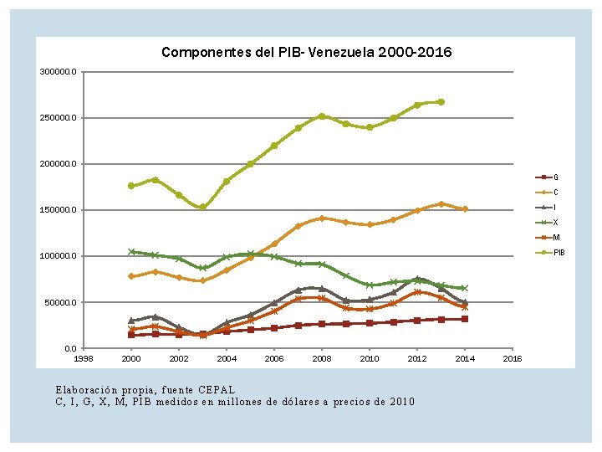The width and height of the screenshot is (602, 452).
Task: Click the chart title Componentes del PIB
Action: click(x=306, y=53)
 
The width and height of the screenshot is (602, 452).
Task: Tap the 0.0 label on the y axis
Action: click(x=69, y=348)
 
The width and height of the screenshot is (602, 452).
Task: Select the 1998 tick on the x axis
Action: click(x=84, y=359)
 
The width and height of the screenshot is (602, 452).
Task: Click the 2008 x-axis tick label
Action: click(x=322, y=359)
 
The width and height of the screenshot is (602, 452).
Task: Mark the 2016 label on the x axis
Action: click(x=512, y=359)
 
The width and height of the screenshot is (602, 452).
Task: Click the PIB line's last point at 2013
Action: click(x=441, y=102)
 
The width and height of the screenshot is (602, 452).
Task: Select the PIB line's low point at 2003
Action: click(x=202, y=208)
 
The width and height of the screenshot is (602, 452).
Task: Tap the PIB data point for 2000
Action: click(x=131, y=186)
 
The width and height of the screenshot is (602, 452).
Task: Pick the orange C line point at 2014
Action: click(x=465, y=209)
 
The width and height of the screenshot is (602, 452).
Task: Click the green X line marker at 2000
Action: click(x=131, y=251)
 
